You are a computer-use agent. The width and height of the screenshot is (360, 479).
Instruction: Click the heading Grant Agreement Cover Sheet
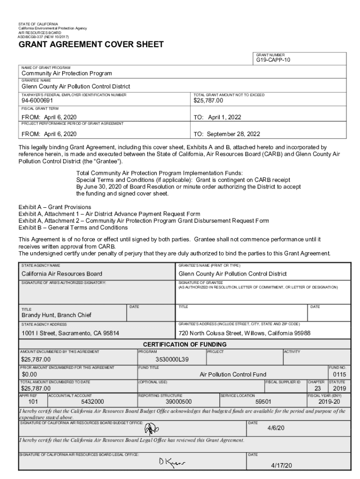[x=91, y=44]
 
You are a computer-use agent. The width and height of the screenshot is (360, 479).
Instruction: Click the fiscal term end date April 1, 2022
[x=217, y=117]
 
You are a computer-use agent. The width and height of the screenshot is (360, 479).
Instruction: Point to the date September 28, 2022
[x=227, y=134]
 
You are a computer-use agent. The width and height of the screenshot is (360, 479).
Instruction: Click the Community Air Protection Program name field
[x=67, y=73]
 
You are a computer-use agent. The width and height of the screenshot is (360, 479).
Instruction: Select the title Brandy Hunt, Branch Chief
[x=56, y=315]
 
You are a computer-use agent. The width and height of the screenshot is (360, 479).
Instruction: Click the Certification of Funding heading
[x=185, y=344]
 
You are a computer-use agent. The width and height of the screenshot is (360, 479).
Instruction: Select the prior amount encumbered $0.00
[x=29, y=374]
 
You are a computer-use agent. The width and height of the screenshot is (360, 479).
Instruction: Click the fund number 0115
[x=339, y=374]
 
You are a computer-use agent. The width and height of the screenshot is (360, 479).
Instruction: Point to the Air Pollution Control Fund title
[x=233, y=374]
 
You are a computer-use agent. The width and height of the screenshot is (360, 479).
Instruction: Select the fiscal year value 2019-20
[x=331, y=401]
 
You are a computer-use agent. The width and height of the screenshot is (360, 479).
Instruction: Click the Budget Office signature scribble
[x=151, y=428]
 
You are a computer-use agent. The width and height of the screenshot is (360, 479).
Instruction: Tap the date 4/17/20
[x=281, y=465]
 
